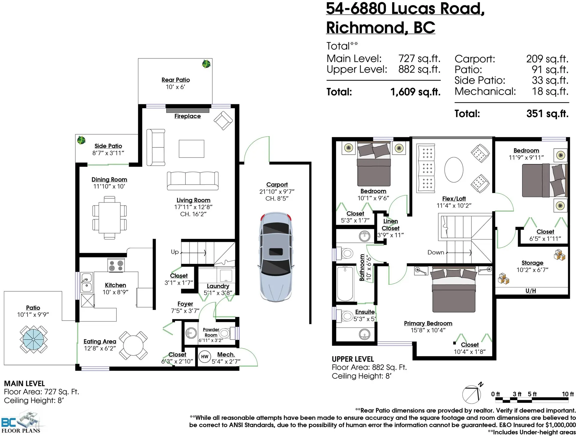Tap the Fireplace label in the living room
187,116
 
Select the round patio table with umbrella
33,339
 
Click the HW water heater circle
205,357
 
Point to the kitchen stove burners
116,265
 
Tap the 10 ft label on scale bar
568,394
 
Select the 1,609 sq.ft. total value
415,92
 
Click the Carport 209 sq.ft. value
547,59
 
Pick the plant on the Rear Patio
206,64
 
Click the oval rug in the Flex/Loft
454,170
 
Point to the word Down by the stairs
436,253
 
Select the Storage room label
532,263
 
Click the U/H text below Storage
530,291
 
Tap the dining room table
109,217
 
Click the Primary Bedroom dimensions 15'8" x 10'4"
428,330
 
